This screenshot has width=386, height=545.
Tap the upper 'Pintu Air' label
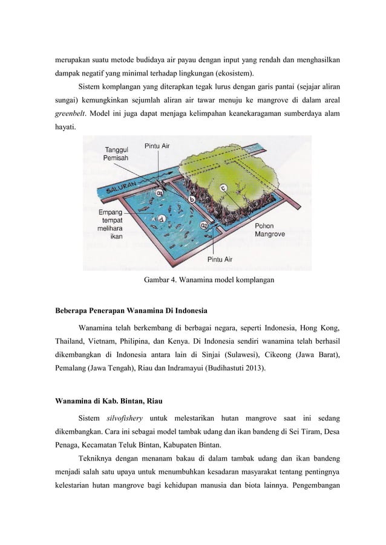pos(157,146)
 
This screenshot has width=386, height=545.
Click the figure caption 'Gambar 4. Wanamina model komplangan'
pos(209,280)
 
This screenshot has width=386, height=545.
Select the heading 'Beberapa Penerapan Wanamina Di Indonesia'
pos(131,311)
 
